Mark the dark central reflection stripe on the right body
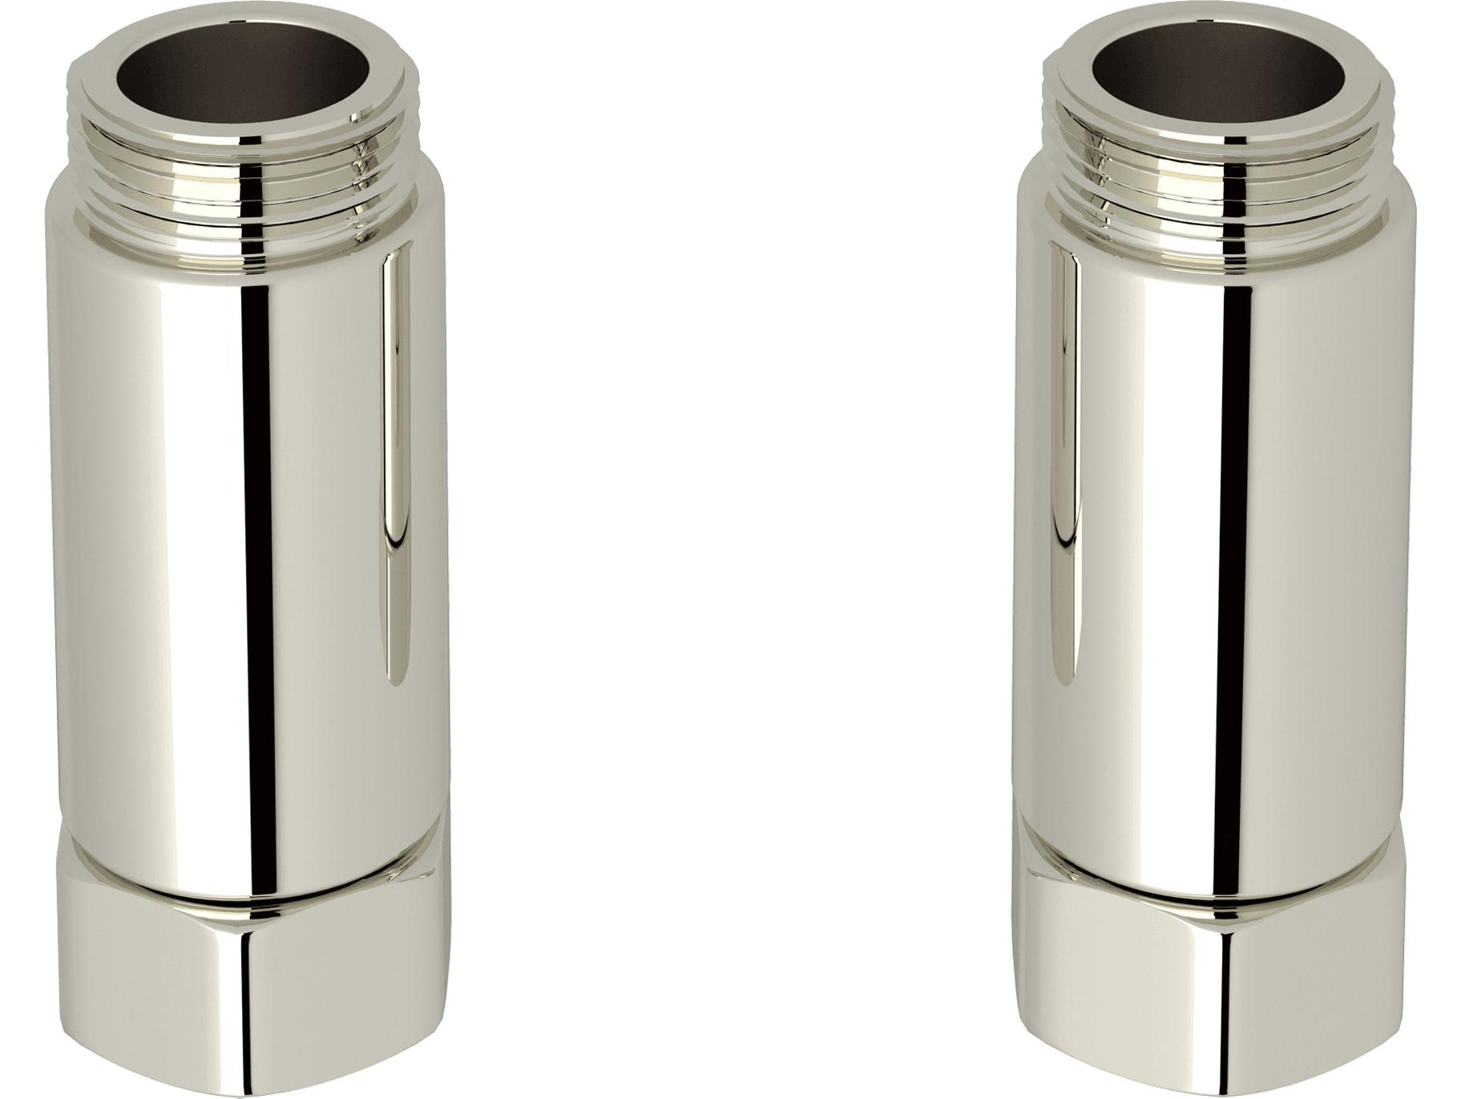point(1225,521)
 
